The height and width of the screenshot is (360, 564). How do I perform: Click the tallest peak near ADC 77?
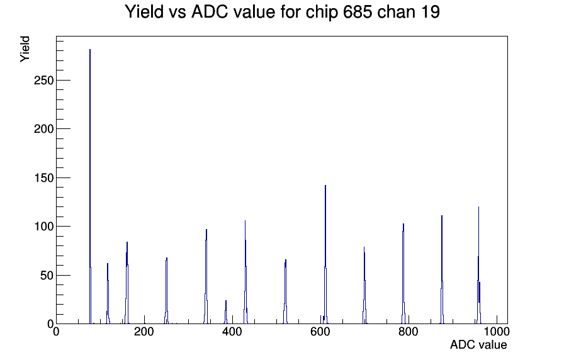pos(90,186)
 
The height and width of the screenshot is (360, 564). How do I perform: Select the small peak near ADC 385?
pos(226,312)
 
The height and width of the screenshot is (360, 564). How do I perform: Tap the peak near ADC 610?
pos(325,255)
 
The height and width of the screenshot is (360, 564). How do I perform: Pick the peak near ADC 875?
pos(442,270)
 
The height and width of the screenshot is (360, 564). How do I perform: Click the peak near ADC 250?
pos(167,291)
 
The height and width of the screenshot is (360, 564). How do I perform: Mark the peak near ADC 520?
pos(285,291)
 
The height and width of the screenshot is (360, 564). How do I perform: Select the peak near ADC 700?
pos(364,285)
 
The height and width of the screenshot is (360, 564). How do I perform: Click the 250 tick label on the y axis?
pos(44,80)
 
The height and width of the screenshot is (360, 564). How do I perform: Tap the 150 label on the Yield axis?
pos(44,177)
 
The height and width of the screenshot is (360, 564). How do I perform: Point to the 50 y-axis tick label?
pos(47,276)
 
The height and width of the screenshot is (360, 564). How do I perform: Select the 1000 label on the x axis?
pos(497,332)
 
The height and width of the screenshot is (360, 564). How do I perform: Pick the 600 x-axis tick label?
pos(320,332)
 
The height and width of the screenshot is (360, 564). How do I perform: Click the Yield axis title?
pos(25,49)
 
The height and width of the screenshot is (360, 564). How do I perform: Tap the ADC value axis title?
pos(478,344)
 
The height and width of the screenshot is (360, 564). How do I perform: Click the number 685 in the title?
pos(358,11)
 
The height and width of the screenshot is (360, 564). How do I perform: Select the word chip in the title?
pos(322,12)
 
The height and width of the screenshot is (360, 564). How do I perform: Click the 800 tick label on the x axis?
pos(409,332)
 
